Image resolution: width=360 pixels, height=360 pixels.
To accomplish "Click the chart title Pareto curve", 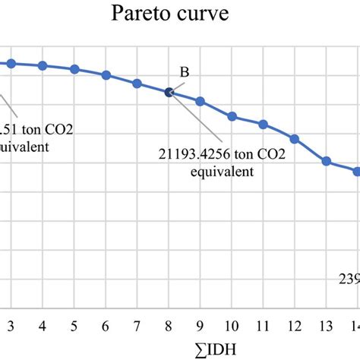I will click(179, 14).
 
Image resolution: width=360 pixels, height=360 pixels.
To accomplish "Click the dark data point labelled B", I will click(169, 93).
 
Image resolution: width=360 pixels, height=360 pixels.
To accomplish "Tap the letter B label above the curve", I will click(184, 72).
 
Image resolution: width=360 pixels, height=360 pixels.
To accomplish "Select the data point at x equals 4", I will click(43, 66).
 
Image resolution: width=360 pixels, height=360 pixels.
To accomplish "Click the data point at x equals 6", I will click(106, 75).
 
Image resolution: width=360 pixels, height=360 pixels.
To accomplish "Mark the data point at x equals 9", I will click(201, 101).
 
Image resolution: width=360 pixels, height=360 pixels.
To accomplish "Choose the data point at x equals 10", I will click(232, 117).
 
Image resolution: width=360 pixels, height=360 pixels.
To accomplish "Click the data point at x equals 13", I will click(327, 161).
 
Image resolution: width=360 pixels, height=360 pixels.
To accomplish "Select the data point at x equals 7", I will click(137, 84).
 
